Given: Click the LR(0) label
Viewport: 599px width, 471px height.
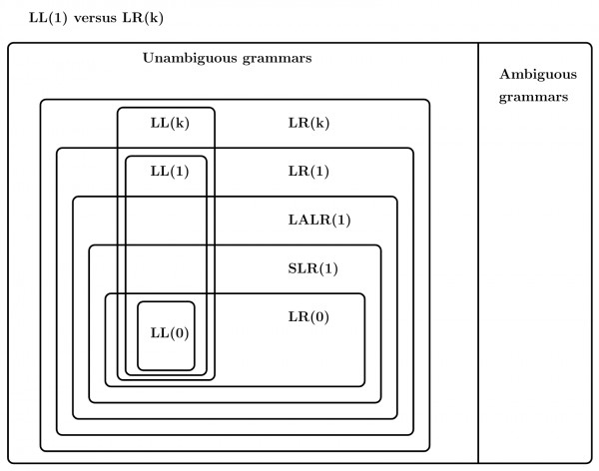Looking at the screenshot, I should coord(307,316).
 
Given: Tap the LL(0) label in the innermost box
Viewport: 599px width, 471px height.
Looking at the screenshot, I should coord(166,333).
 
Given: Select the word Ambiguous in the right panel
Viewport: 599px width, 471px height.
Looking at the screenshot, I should coord(532,78).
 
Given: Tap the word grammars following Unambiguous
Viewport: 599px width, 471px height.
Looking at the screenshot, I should coord(274,58).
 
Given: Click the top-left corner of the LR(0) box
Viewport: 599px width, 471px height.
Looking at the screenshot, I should coord(106,294).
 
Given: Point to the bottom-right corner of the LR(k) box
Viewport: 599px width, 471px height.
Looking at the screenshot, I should coord(429,451).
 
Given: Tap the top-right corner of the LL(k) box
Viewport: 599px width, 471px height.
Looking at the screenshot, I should coord(214,108).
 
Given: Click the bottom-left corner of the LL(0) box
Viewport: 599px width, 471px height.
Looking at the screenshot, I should coord(139,370).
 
